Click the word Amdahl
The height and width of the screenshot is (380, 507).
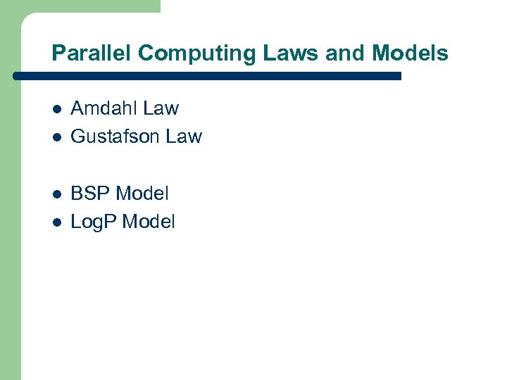(x=104, y=108)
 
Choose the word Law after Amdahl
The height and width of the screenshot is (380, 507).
(x=161, y=108)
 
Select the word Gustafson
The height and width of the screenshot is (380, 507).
(x=115, y=137)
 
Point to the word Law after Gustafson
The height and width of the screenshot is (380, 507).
(x=184, y=137)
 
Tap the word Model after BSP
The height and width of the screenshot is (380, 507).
(x=142, y=193)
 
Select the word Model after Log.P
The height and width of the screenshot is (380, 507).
(x=149, y=222)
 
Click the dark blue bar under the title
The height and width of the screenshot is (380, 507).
(x=211, y=75)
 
